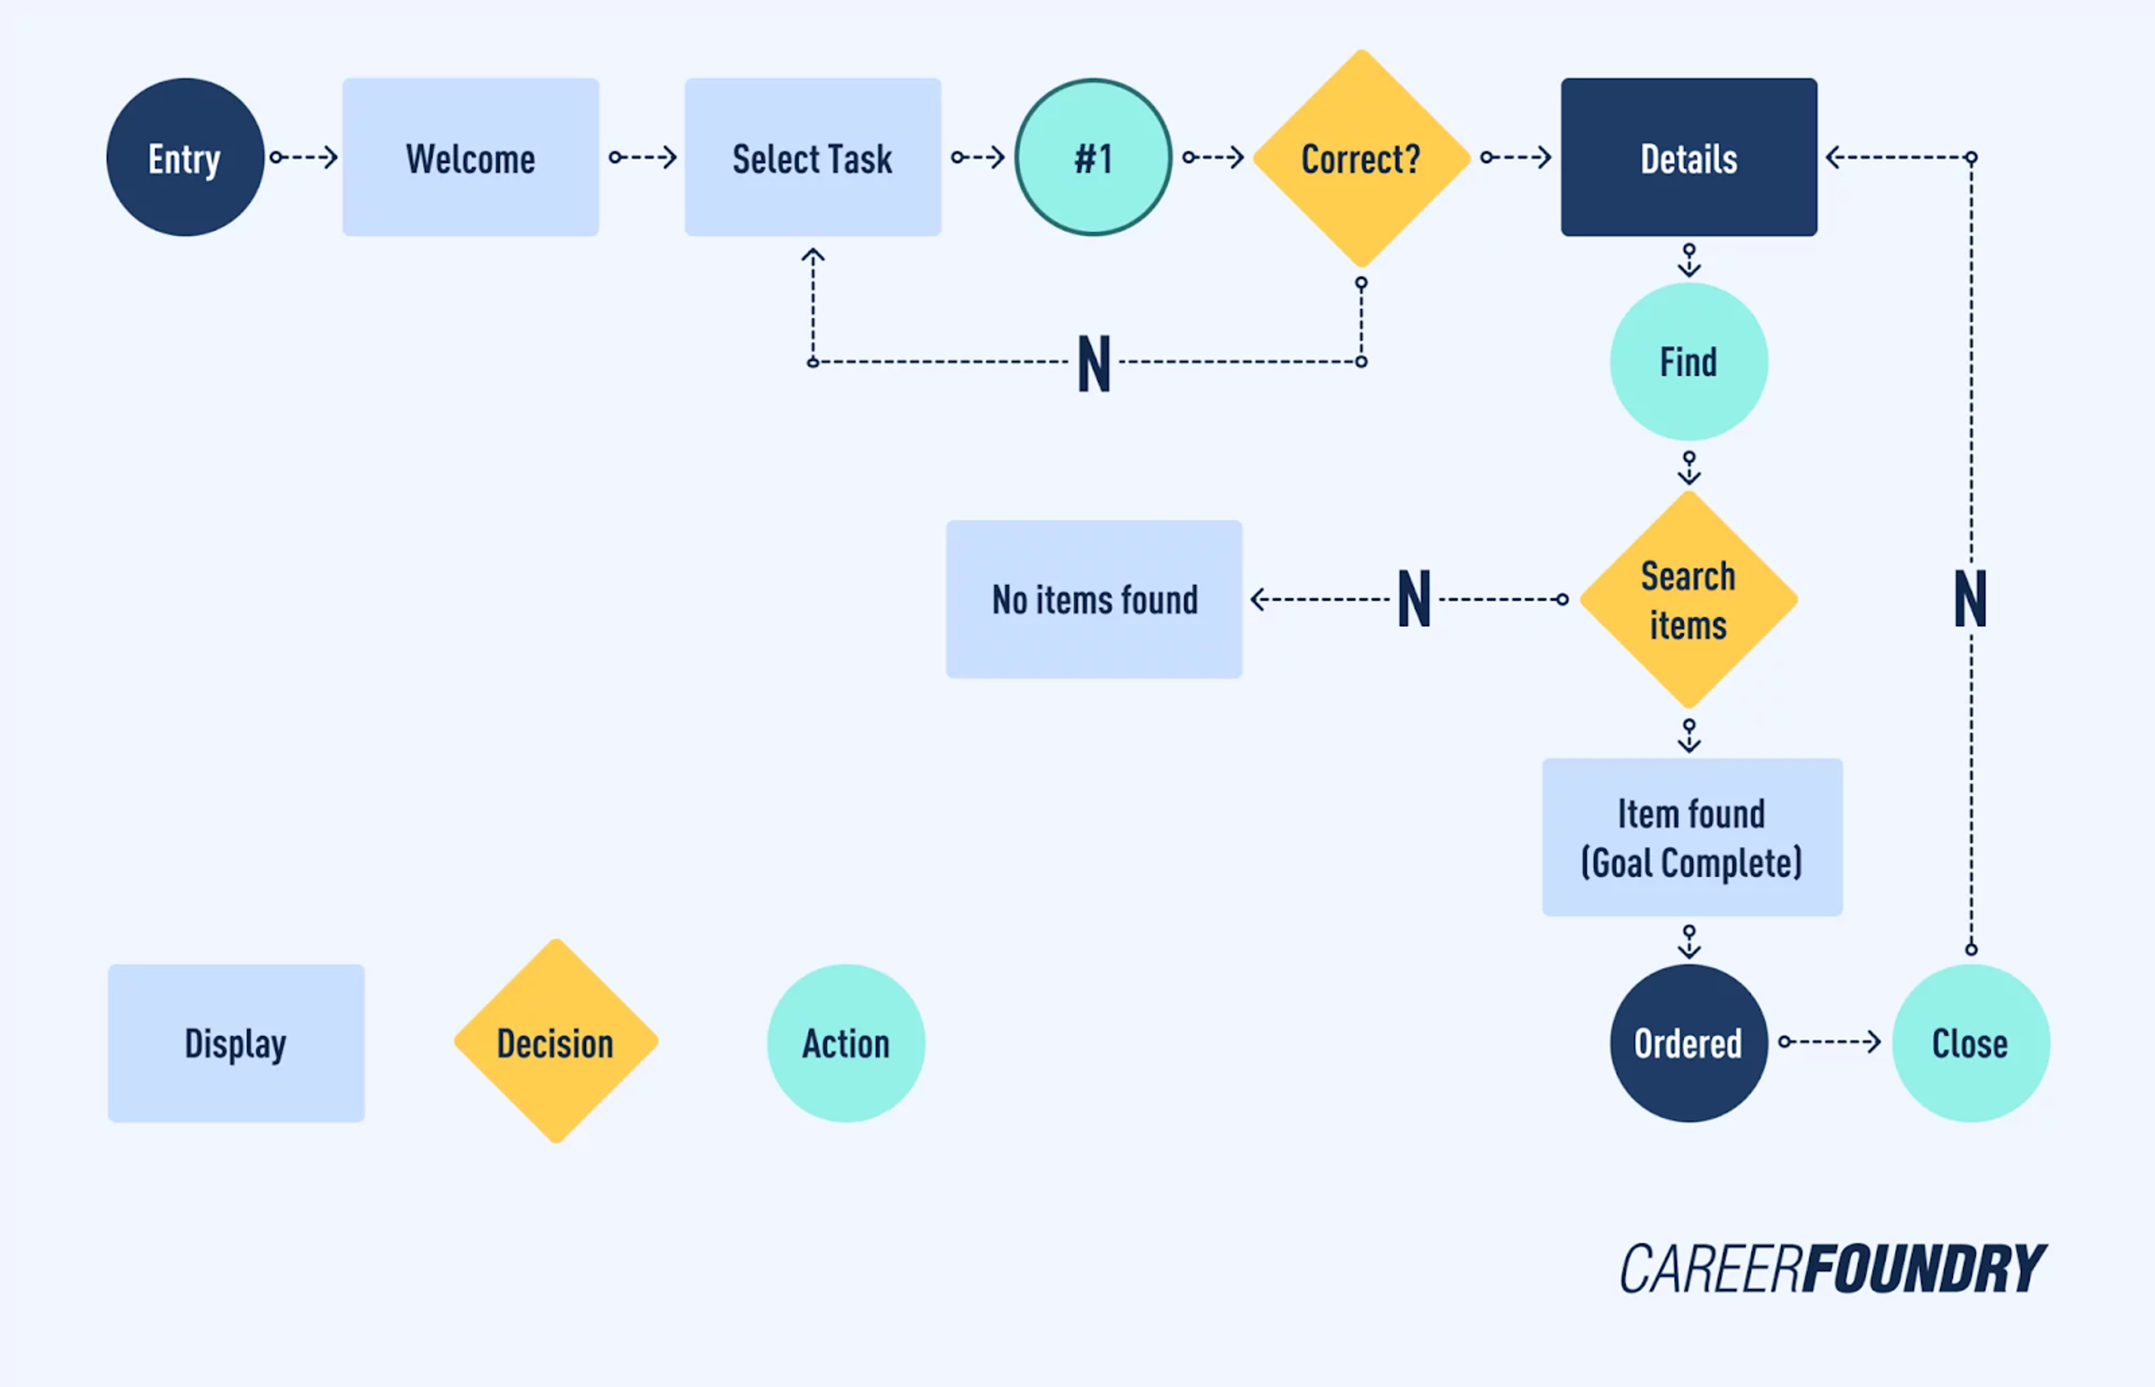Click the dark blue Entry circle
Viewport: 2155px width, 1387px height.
[x=185, y=158]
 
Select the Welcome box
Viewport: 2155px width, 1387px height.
[x=470, y=158]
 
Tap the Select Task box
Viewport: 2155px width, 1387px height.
[x=812, y=158]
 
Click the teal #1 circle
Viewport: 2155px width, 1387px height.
[x=1093, y=158]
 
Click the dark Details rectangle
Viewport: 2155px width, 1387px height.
[x=1689, y=158]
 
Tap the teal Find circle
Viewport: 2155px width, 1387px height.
[x=1689, y=362]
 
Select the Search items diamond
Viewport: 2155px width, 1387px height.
[x=1689, y=600]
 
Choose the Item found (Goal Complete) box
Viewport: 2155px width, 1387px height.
[x=1691, y=838]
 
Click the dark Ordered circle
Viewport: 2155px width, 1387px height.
[x=1689, y=1043]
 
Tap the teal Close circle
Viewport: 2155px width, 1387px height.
[x=1970, y=1043]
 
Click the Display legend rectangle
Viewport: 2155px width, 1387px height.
[x=236, y=1043]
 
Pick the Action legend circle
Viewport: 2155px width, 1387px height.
[x=846, y=1043]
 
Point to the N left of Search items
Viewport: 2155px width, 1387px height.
[x=1414, y=600]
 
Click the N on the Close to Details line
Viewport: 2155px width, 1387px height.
[x=1970, y=600]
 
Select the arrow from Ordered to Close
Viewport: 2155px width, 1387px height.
[x=1830, y=1042]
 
